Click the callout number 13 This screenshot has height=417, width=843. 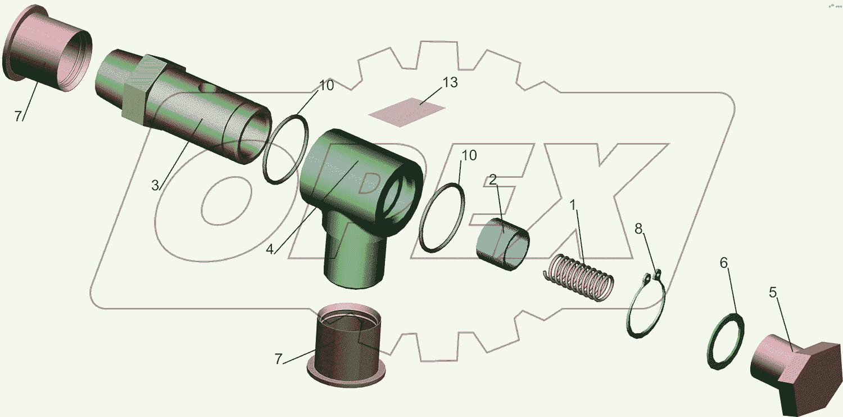[450, 83]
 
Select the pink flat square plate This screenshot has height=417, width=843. [407, 112]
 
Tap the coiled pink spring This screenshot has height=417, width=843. [579, 278]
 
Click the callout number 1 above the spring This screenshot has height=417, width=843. [573, 205]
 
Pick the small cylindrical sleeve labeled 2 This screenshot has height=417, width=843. [503, 244]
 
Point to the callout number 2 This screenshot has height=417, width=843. [493, 180]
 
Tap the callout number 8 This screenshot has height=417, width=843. [638, 228]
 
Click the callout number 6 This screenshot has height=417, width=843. [724, 263]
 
